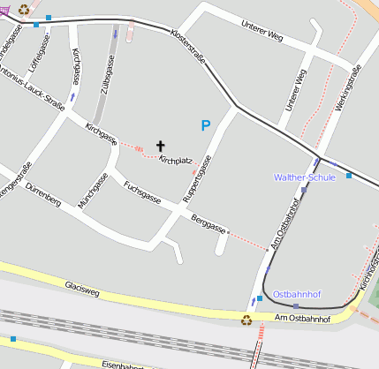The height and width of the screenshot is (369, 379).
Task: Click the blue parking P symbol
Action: coord(206,126)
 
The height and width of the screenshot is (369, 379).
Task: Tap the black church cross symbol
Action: coord(161,145)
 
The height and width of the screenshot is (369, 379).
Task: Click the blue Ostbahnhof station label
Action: coord(297,293)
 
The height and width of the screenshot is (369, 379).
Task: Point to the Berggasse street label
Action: coord(208,222)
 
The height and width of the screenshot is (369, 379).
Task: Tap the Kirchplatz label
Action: coord(176,161)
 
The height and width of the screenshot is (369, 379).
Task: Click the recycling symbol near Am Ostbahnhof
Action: coord(246,320)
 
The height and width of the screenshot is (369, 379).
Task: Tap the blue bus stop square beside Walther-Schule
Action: coord(349,176)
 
